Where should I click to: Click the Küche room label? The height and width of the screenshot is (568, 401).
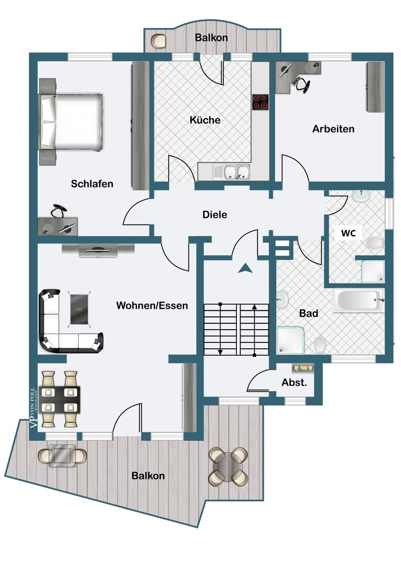click(205, 120)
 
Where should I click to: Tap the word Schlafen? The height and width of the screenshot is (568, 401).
click(92, 184)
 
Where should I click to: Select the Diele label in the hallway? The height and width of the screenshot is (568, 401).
click(215, 215)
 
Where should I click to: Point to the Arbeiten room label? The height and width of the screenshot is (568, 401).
click(333, 129)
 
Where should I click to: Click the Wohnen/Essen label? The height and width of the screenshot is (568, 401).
click(152, 305)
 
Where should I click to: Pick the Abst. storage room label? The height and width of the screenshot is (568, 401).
click(294, 382)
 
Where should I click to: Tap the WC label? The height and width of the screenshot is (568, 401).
click(348, 233)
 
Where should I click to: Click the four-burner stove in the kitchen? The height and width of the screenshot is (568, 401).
click(260, 102)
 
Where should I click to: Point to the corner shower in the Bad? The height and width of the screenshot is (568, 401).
click(290, 340)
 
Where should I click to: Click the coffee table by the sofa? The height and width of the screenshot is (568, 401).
click(80, 309)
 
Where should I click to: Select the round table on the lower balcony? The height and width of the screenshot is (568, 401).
click(229, 467)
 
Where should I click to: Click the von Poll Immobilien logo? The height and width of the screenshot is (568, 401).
click(34, 407)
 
